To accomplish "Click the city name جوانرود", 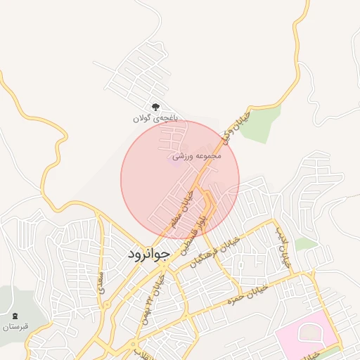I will pyautogui.click(x=150, y=255).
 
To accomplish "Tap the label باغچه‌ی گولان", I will pyautogui.click(x=156, y=120).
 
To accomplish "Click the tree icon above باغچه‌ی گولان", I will pyautogui.click(x=155, y=108).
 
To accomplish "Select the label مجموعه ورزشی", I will pyautogui.click(x=201, y=155).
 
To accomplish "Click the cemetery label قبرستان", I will pyautogui.click(x=15, y=327).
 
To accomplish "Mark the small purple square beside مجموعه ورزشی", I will pyautogui.click(x=175, y=157).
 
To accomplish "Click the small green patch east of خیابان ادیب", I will pyautogui.click(x=306, y=244).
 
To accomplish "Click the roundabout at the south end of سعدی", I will pyautogui.click(x=134, y=345).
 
